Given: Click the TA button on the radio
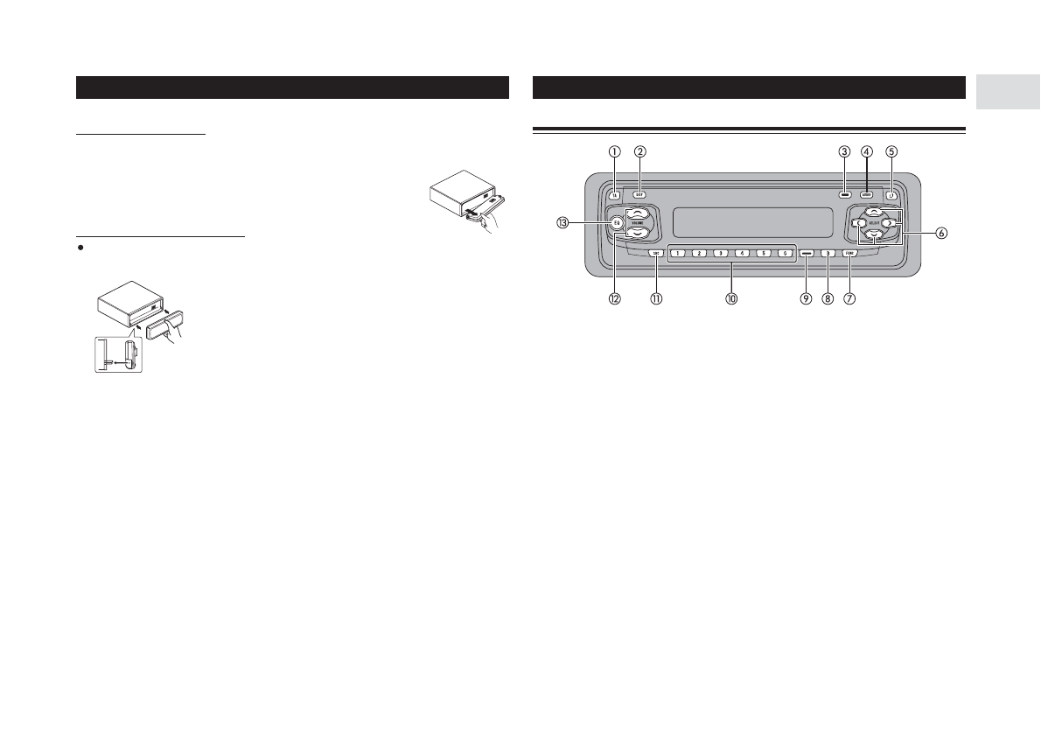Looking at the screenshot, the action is click(x=615, y=196).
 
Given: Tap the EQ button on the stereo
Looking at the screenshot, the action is click(x=616, y=223).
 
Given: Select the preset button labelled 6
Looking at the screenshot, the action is click(x=784, y=254).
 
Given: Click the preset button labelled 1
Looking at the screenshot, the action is click(x=677, y=254).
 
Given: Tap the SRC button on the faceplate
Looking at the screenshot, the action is click(x=655, y=254).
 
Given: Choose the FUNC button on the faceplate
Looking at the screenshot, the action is click(x=849, y=254).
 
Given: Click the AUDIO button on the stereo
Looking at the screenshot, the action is click(x=866, y=196).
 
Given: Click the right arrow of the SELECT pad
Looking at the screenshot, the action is click(x=888, y=224).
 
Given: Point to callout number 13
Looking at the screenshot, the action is click(x=562, y=223).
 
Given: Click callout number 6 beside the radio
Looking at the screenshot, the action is click(x=941, y=234).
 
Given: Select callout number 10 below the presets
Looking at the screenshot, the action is click(x=731, y=298).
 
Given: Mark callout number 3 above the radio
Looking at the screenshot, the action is click(x=844, y=150).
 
